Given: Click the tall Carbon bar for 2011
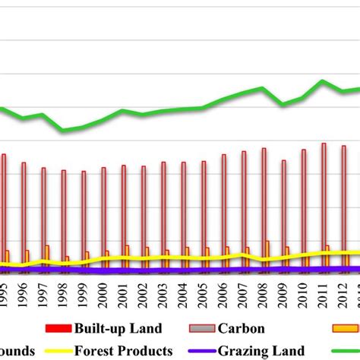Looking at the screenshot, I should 324,205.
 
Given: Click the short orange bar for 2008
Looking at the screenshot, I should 268,252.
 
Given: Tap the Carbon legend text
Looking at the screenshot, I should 242,329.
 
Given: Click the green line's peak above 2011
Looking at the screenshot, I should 324,81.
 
